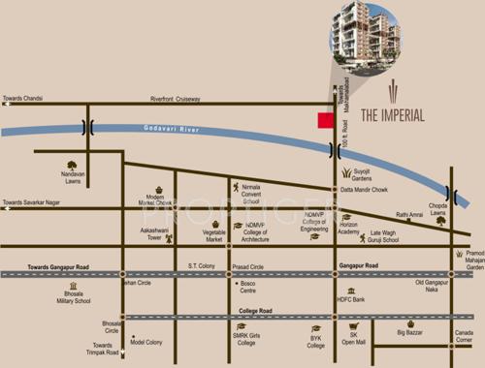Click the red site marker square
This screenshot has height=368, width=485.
pyautogui.click(x=326, y=119)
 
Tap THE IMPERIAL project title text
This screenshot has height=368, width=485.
pyautogui.click(x=393, y=114)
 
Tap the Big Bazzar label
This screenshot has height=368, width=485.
pyautogui.click(x=413, y=334)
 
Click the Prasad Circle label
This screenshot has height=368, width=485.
pyautogui.click(x=250, y=265)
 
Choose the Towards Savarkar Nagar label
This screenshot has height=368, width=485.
pyautogui.click(x=34, y=203)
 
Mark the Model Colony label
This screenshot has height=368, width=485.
pyautogui.click(x=149, y=342)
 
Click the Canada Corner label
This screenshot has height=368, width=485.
pyautogui.click(x=466, y=338)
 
